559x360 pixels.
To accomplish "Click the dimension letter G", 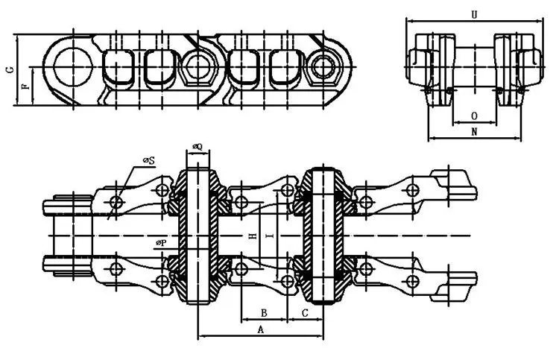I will pos(9,70).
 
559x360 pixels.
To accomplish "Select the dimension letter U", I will pos(475,14).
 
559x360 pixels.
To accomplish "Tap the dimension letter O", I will pos(475,116).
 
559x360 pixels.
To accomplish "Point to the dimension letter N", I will pos(475,131).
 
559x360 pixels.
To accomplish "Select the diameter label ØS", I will pos(148,160).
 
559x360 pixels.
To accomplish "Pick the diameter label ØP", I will pos(160,243).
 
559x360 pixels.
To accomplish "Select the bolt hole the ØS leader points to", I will pos(116,203).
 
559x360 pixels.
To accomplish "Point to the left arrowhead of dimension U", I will pos(408,21).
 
